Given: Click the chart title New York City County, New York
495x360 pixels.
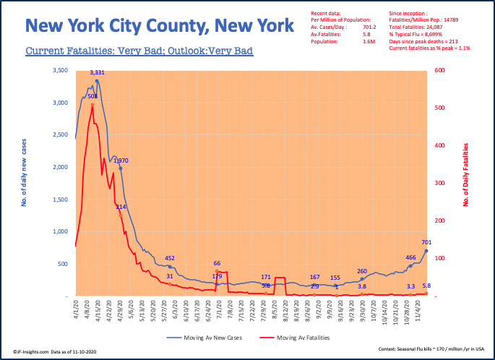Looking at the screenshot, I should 160,27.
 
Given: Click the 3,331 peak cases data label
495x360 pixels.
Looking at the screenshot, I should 98,72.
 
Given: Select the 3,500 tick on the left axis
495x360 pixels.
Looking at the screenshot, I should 61,70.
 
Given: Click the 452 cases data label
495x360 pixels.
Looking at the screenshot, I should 170,258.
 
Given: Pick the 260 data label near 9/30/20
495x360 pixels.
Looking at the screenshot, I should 362,271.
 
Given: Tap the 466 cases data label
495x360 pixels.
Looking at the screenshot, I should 410,257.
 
